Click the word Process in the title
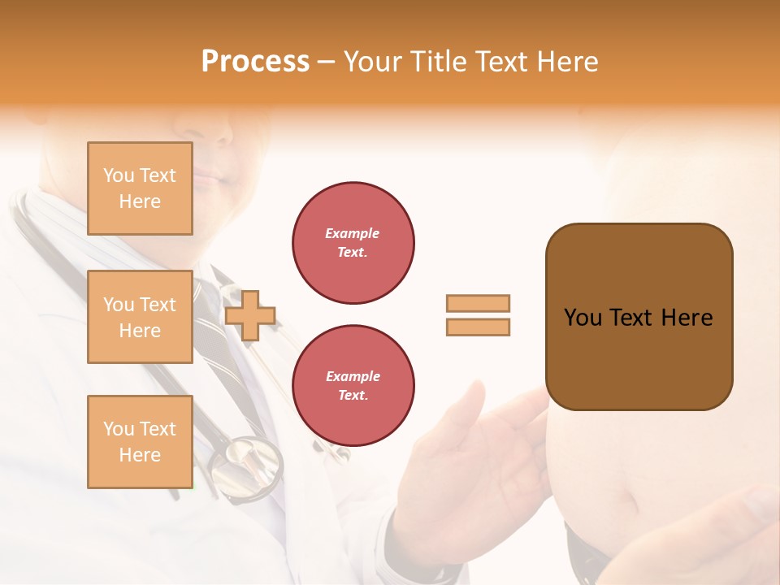point(255,62)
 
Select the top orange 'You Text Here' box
point(140,188)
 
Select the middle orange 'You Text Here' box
point(140,317)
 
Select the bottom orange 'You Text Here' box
point(140,442)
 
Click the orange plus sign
point(250,314)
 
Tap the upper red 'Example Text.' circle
point(353,243)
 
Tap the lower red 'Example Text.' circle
point(353,386)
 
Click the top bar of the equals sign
point(478,304)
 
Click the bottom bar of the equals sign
point(478,327)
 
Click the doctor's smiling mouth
point(213,175)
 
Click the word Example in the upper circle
point(352,233)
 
